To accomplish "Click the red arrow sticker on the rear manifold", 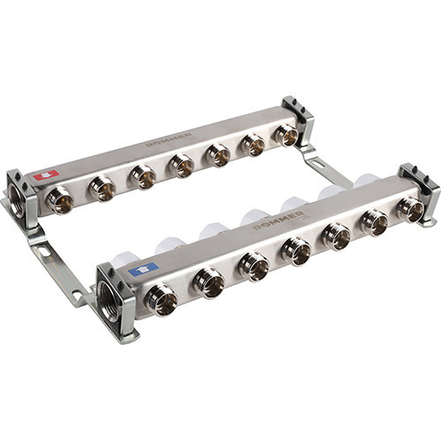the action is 46,176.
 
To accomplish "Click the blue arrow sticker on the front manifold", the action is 144,268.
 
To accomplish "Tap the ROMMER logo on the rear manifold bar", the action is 168,141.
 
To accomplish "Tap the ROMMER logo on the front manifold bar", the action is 278,220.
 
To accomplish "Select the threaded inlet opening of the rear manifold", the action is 16,200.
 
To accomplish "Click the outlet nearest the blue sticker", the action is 162,300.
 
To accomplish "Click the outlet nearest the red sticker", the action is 60,200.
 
